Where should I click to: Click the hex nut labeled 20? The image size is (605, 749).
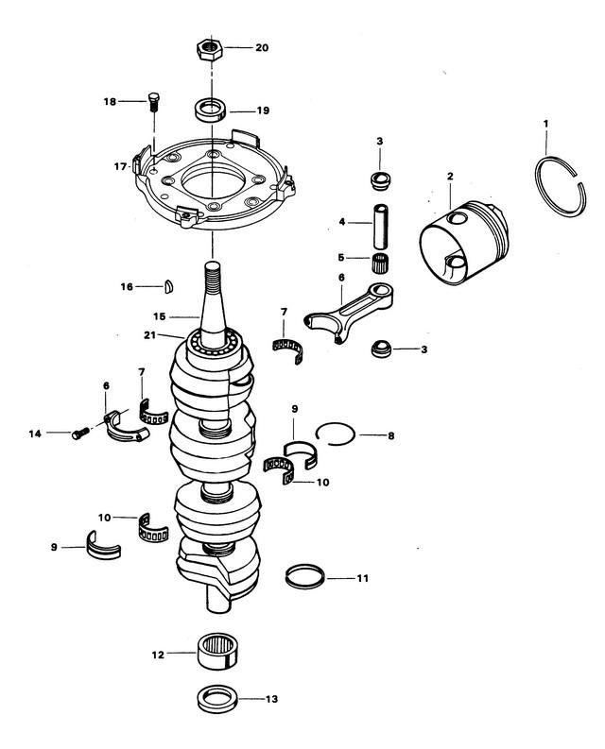(x=209, y=48)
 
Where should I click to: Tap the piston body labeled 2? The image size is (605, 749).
(x=464, y=243)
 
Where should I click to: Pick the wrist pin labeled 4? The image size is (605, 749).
(x=381, y=227)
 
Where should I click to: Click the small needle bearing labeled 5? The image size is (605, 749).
(x=380, y=263)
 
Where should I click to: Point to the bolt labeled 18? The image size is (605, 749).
(x=153, y=101)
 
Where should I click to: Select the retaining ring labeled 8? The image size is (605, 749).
(x=336, y=434)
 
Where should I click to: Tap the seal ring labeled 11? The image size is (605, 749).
(x=304, y=576)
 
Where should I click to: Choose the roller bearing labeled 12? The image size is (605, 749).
(x=218, y=651)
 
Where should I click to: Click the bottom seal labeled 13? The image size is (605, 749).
(x=217, y=699)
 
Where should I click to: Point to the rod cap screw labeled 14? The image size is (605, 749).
(x=81, y=434)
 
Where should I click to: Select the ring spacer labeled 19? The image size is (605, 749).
(x=212, y=111)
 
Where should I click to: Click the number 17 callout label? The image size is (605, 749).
(x=120, y=167)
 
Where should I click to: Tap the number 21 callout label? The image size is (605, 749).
(x=149, y=335)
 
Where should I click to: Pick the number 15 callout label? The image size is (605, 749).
(x=159, y=316)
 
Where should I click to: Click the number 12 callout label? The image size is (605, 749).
(x=158, y=655)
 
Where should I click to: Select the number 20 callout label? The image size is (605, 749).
(x=262, y=48)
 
